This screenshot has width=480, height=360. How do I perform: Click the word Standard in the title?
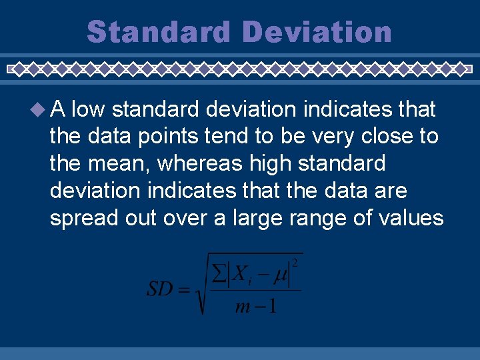(159, 32)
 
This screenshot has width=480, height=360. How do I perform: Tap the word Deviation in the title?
(317, 32)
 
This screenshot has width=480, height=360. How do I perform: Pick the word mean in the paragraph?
(114, 164)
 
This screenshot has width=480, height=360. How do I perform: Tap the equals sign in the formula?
(185, 290)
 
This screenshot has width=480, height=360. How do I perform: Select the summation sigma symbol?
(217, 273)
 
